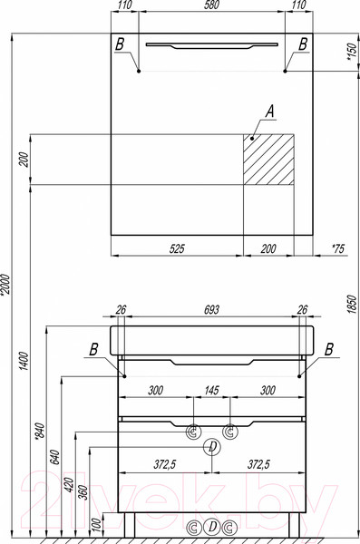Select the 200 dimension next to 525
(269, 248)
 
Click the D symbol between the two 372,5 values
(211, 446)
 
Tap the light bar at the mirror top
(210, 44)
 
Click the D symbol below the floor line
(211, 527)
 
